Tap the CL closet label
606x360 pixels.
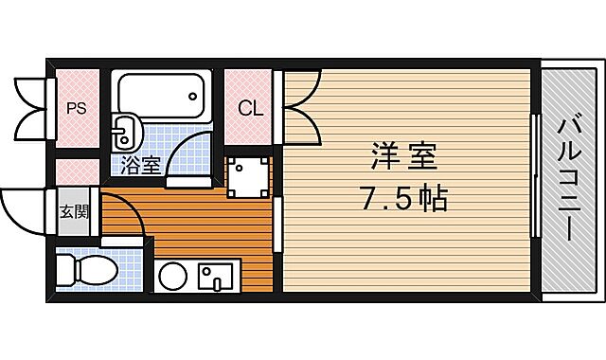(x=250, y=107)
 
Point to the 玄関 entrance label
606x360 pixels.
(x=75, y=211)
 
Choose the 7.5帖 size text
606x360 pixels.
(x=403, y=200)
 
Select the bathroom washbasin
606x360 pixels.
(x=122, y=130)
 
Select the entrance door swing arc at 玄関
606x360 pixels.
(x=24, y=213)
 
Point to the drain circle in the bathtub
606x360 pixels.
(x=194, y=95)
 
